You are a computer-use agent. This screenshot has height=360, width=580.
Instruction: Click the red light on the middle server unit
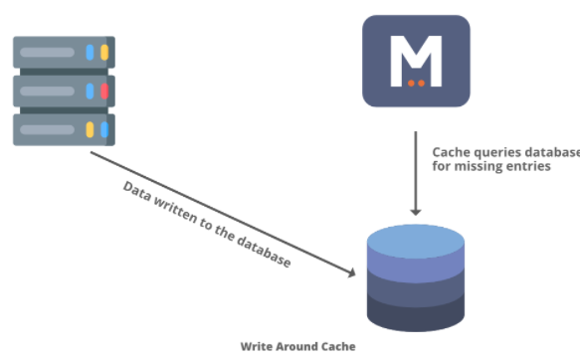tap(104, 91)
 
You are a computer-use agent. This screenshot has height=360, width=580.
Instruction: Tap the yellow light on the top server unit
tap(104, 53)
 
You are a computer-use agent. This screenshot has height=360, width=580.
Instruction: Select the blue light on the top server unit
tap(90, 53)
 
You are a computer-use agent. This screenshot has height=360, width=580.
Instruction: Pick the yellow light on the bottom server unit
tap(90, 129)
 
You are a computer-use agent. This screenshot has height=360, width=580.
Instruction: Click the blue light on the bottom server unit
tap(104, 129)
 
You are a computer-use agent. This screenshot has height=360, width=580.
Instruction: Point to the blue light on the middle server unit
tap(90, 91)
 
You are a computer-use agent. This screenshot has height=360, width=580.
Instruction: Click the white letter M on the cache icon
tap(416, 61)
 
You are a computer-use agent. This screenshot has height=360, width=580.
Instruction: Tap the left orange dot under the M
tap(411, 84)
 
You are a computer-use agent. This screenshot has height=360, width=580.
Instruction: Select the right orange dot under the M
tap(421, 84)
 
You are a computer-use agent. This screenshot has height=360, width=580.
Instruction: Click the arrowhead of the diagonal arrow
tap(351, 272)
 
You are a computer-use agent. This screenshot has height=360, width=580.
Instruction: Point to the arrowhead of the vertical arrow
tap(416, 212)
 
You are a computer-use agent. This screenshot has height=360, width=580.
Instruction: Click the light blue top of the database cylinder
tap(416, 241)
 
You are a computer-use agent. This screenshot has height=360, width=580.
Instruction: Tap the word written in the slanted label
tap(174, 209)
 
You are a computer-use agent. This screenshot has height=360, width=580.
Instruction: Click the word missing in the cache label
tap(478, 167)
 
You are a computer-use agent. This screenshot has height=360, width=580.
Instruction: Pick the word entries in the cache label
tap(528, 166)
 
